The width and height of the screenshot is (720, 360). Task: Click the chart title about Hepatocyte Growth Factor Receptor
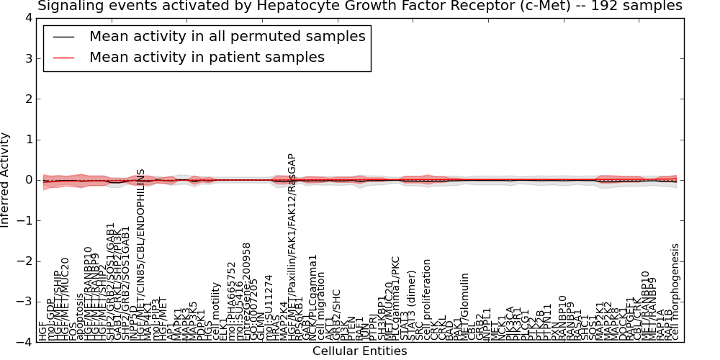(359, 6)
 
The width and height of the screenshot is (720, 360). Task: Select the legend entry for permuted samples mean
(227, 36)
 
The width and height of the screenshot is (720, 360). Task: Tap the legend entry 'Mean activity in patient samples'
(207, 57)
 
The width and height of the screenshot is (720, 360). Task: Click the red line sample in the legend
(63, 57)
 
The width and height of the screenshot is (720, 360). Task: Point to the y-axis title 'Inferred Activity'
(6, 179)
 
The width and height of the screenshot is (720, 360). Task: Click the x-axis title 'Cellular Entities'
(359, 351)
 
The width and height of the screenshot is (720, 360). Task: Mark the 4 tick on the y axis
(28, 18)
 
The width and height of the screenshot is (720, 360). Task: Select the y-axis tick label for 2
(28, 99)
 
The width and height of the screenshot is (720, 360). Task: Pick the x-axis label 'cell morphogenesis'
(675, 292)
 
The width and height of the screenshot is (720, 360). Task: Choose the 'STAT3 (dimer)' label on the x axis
(411, 305)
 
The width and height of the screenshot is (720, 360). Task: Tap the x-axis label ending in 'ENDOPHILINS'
(141, 255)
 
